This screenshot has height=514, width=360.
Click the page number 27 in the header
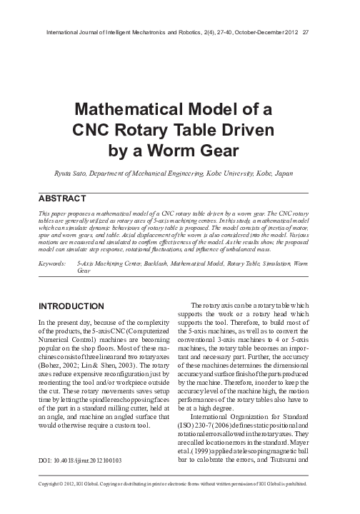tap(306, 33)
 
